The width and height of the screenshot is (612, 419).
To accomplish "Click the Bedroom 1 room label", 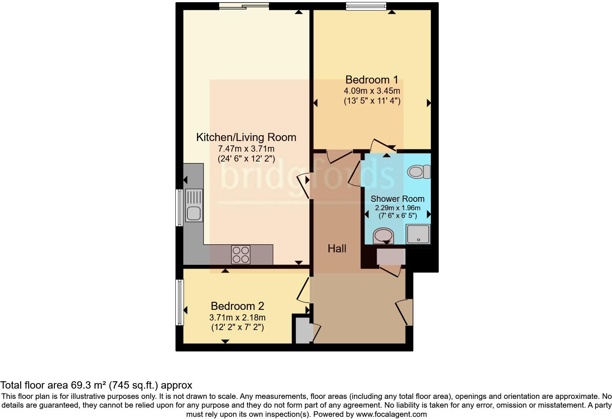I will [x=372, y=79].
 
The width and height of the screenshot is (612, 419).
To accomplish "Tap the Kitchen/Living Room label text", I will [x=246, y=137].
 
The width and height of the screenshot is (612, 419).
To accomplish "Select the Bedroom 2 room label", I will [x=237, y=306].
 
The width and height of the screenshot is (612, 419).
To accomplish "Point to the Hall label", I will [x=337, y=249].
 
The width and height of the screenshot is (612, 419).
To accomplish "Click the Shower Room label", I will [x=398, y=199].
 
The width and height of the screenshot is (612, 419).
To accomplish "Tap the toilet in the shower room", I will [x=419, y=171].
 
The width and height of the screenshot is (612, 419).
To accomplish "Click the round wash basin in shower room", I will [x=383, y=236].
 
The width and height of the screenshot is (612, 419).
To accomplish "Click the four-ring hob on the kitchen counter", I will [x=241, y=255].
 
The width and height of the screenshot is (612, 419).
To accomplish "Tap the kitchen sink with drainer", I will [x=194, y=205].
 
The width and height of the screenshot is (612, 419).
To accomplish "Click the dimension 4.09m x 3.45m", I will [x=372, y=91].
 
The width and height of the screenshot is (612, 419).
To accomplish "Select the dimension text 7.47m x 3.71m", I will [x=246, y=149].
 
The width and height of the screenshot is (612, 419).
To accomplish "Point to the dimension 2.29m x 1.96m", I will [x=398, y=208].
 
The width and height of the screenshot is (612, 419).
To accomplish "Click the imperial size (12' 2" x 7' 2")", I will [x=237, y=327].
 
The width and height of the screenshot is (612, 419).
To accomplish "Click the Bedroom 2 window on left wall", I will [x=179, y=302].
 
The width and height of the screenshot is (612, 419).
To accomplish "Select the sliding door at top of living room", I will [x=244, y=6].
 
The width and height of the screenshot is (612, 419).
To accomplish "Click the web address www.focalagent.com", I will [x=391, y=415].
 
